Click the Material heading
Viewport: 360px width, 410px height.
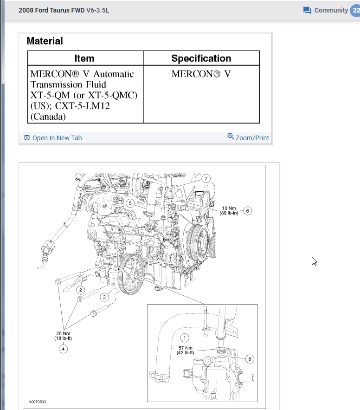(45, 41)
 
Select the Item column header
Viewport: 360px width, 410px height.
(84, 59)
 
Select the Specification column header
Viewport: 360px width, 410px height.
(201, 59)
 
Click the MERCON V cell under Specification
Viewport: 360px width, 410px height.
(201, 74)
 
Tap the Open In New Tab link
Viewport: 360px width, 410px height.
(53, 138)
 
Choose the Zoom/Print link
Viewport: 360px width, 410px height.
(248, 138)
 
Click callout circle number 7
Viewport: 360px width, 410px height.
(206, 178)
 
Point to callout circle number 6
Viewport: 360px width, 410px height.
(248, 211)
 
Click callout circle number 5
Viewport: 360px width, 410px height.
(130, 203)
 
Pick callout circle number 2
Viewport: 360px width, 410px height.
(81, 290)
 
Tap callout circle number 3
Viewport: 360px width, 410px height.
(105, 297)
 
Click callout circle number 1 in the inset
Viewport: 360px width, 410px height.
(185, 338)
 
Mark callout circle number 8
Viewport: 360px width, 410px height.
(250, 358)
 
